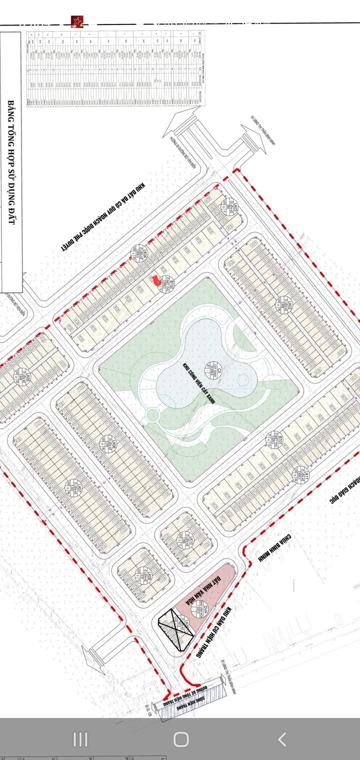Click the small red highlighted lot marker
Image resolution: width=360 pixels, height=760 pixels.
click(x=156, y=279)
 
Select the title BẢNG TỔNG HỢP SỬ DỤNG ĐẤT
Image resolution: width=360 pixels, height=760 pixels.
click(x=11, y=162)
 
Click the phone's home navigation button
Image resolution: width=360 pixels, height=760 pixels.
click(x=180, y=739)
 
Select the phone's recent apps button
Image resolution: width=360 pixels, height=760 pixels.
click(x=80, y=739)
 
